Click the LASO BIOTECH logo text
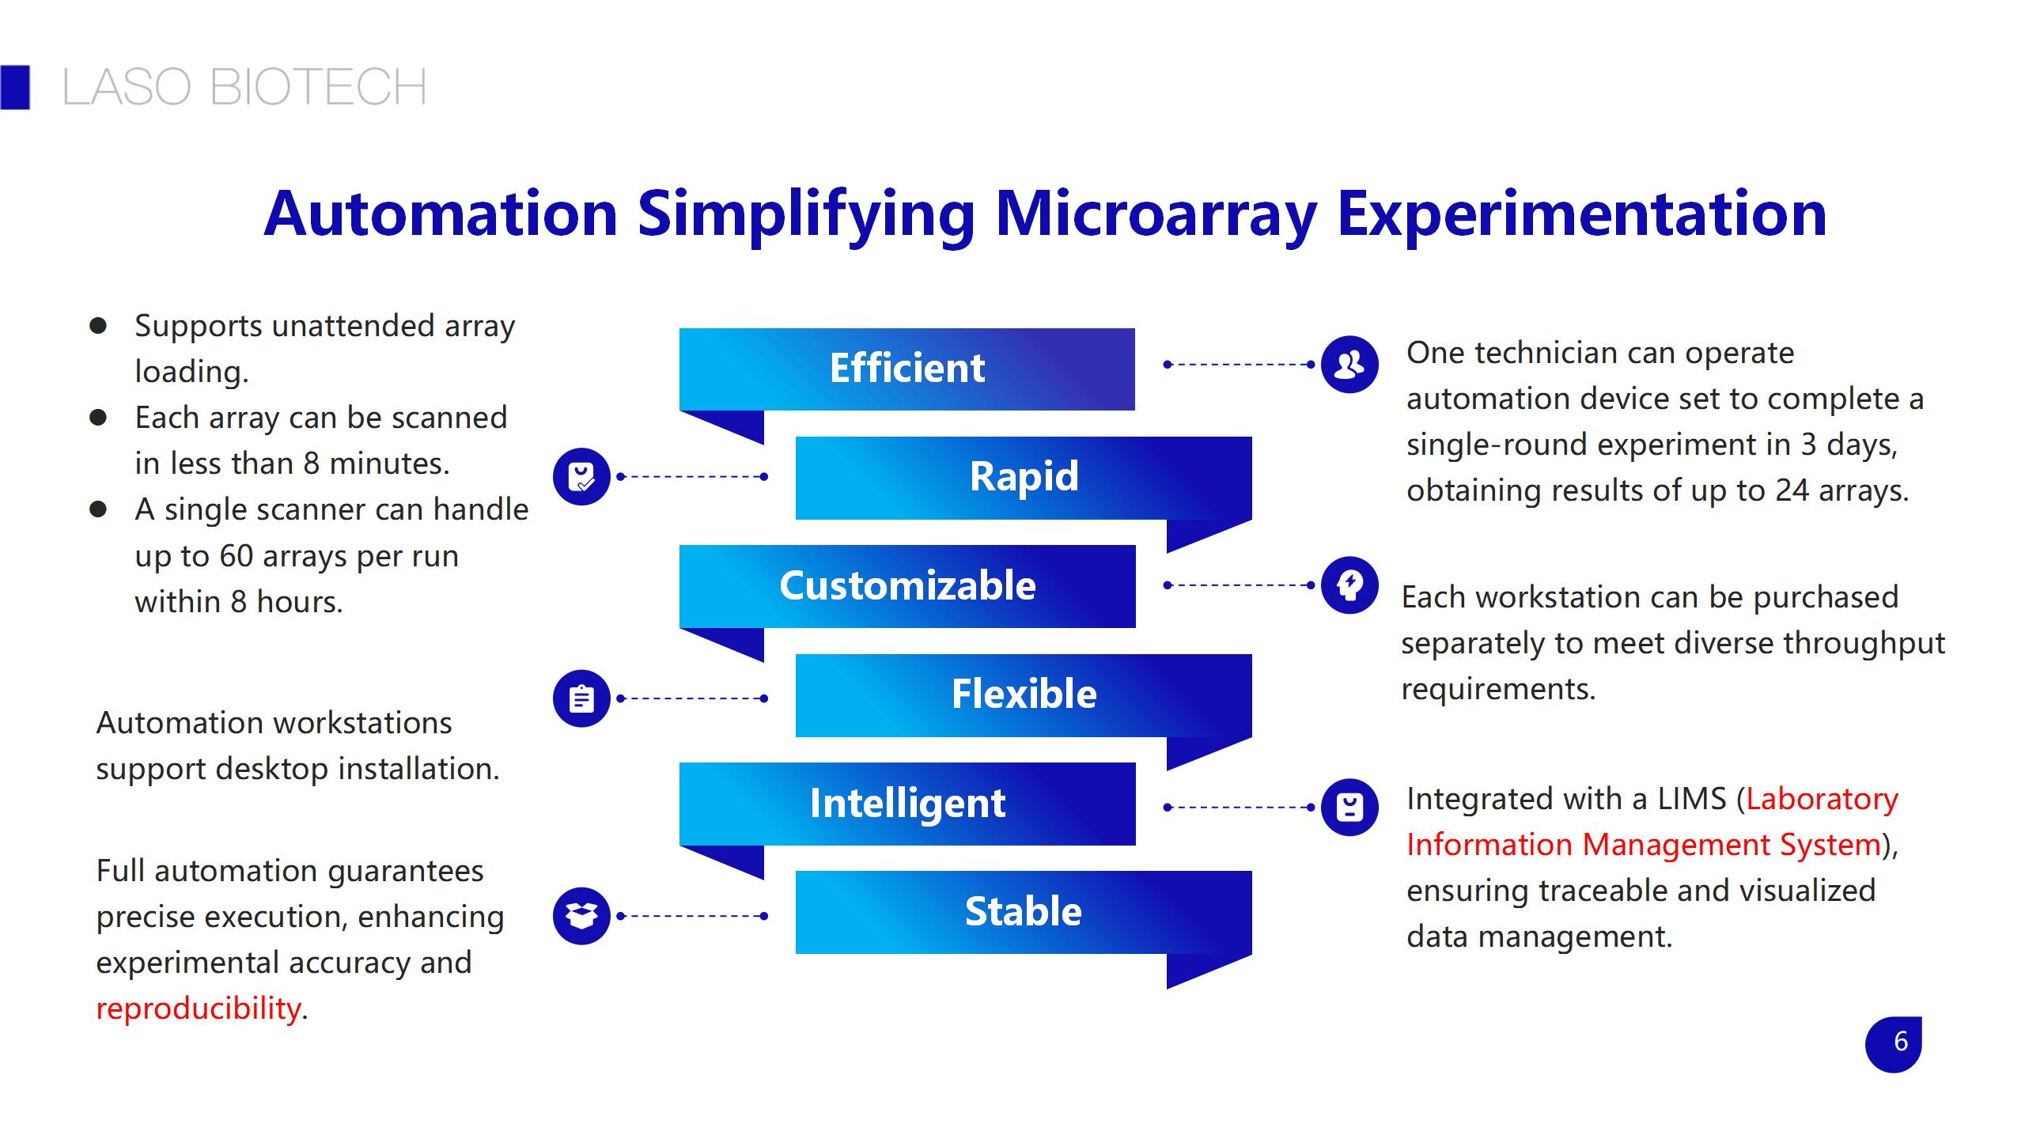point(244,87)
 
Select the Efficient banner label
point(907,368)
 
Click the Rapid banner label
point(1024,477)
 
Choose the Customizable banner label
point(907,585)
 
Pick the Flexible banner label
point(1024,694)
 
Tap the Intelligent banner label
point(907,804)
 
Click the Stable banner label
point(1023,911)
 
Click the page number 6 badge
point(1894,1044)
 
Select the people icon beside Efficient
point(1349,365)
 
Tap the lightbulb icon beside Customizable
point(1349,585)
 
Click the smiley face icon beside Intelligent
point(1349,808)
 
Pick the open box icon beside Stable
point(581,916)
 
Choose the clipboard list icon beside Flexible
point(581,698)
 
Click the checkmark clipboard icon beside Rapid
point(581,477)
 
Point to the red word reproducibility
point(199,1008)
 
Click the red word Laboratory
point(1822,799)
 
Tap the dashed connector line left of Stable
point(692,916)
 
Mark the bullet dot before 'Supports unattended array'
point(98,326)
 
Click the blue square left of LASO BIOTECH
point(15,87)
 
